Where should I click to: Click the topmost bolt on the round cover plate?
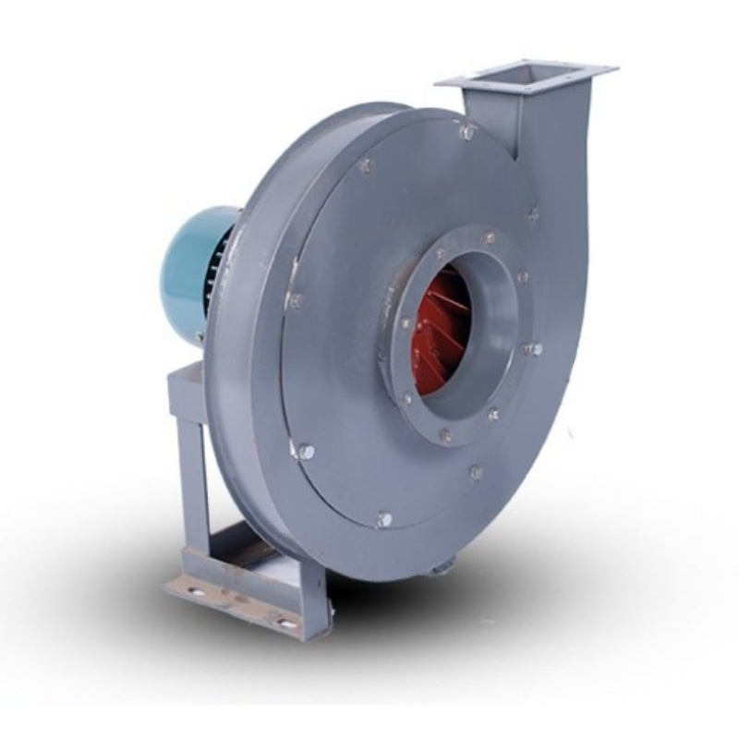(x=467, y=132)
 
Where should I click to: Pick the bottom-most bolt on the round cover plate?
(x=384, y=519)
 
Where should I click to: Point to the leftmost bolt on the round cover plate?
(x=295, y=300)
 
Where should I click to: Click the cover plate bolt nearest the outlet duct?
(x=532, y=214)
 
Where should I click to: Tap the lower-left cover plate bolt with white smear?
(x=304, y=452)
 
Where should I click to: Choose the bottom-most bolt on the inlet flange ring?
(x=446, y=434)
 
